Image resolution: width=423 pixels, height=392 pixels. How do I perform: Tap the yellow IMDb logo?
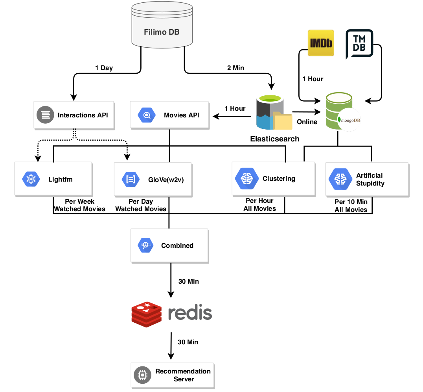coord(320,44)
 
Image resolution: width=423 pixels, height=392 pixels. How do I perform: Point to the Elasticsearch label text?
coord(274,139)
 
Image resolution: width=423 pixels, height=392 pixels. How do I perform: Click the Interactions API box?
coord(74,115)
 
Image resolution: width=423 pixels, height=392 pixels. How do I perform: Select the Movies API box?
coord(169,115)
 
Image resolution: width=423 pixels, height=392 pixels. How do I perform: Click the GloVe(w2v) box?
coord(153,179)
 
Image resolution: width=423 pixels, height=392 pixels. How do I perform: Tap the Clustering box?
coord(273,179)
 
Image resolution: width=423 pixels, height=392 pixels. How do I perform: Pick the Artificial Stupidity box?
coord(367,179)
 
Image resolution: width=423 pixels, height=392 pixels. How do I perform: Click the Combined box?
coord(169,245)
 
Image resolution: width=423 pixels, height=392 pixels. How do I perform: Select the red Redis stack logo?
coord(147,314)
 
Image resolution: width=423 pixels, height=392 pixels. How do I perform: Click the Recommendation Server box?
coord(173,375)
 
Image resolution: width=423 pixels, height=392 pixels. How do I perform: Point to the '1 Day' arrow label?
coord(104,68)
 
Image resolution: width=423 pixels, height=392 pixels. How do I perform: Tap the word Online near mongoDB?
coord(307,122)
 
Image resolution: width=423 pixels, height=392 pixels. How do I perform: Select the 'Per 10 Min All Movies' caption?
coord(351,206)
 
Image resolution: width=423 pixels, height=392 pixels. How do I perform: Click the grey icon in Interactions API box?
coord(45,115)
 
